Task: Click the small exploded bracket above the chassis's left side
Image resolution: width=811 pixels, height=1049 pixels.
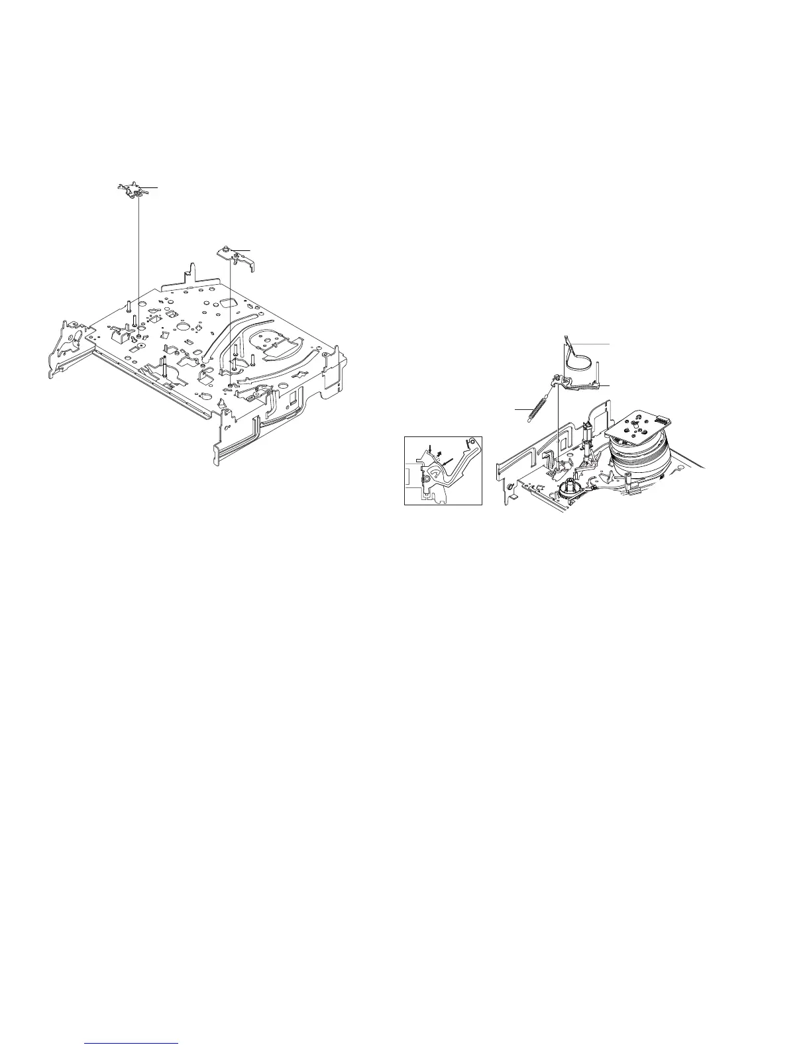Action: pos(133,191)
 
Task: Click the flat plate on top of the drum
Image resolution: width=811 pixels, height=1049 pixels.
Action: pos(639,425)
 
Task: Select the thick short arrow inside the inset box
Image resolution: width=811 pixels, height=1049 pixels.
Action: pos(438,454)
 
